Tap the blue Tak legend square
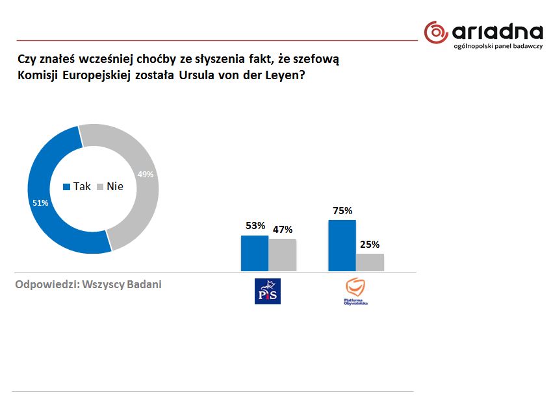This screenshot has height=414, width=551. [66, 187]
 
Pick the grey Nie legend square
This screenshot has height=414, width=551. [100, 187]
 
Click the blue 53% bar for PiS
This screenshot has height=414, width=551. [254, 253]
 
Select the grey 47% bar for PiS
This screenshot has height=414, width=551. [283, 254]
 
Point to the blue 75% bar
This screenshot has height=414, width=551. [342, 245]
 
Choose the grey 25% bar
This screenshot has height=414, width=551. [370, 262]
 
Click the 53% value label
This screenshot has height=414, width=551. [255, 226]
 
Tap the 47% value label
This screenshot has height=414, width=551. [283, 230]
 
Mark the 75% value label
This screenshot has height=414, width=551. [342, 210]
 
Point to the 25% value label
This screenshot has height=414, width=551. [370, 244]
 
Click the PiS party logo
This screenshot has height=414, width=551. [268, 291]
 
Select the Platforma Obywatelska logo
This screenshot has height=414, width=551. [356, 291]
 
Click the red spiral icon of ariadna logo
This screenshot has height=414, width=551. [436, 32]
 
